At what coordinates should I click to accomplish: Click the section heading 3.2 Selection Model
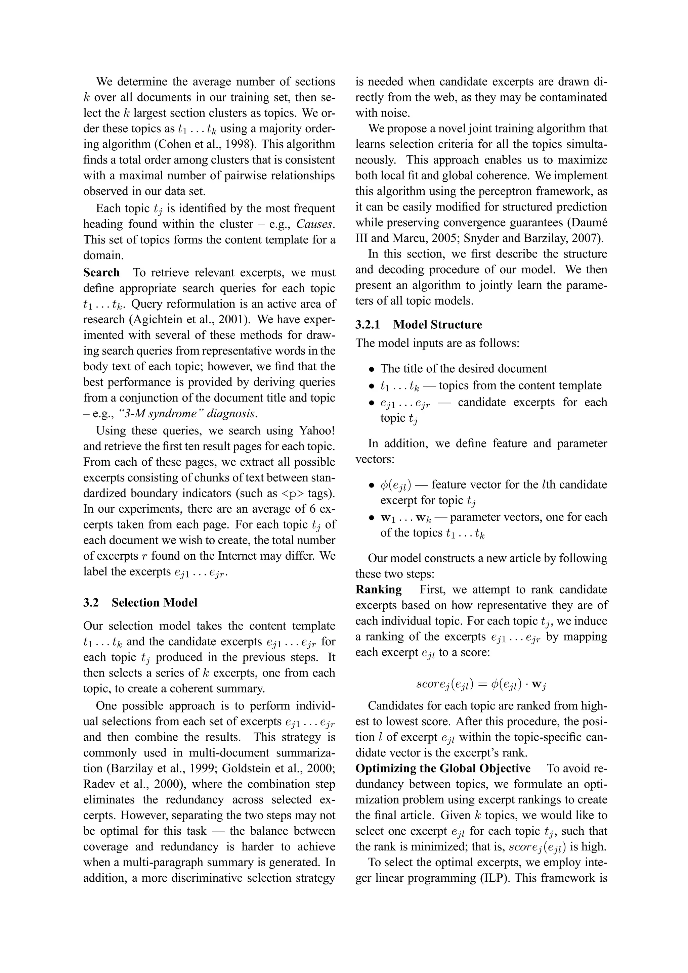(x=140, y=603)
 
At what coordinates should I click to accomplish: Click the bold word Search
(x=101, y=273)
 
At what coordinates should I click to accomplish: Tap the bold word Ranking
(x=379, y=590)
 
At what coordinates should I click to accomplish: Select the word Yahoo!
(x=317, y=430)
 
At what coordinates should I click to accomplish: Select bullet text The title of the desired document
(x=464, y=369)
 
